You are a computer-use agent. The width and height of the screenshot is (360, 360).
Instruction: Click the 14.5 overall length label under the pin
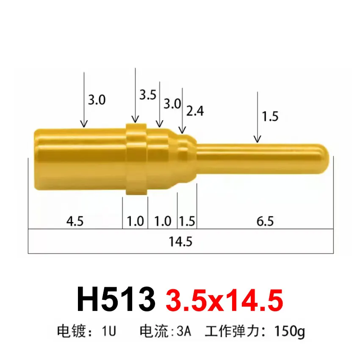181,242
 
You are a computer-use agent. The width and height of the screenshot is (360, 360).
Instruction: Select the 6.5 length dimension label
265,221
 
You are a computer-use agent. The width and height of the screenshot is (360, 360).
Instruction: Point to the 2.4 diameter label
195,111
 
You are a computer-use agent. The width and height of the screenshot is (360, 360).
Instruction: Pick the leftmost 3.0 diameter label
97,100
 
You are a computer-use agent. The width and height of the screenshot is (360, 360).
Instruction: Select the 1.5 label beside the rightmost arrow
270,116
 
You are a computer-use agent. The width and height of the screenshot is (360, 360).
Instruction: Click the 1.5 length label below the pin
187,221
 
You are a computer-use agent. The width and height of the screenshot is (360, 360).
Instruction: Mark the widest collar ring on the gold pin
136,159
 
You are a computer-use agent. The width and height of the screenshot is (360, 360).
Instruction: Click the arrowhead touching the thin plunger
257,138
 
